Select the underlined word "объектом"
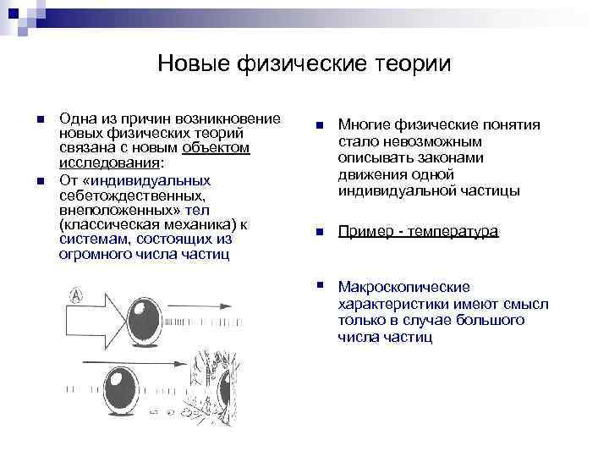point(217,148)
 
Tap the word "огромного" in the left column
point(91,255)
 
